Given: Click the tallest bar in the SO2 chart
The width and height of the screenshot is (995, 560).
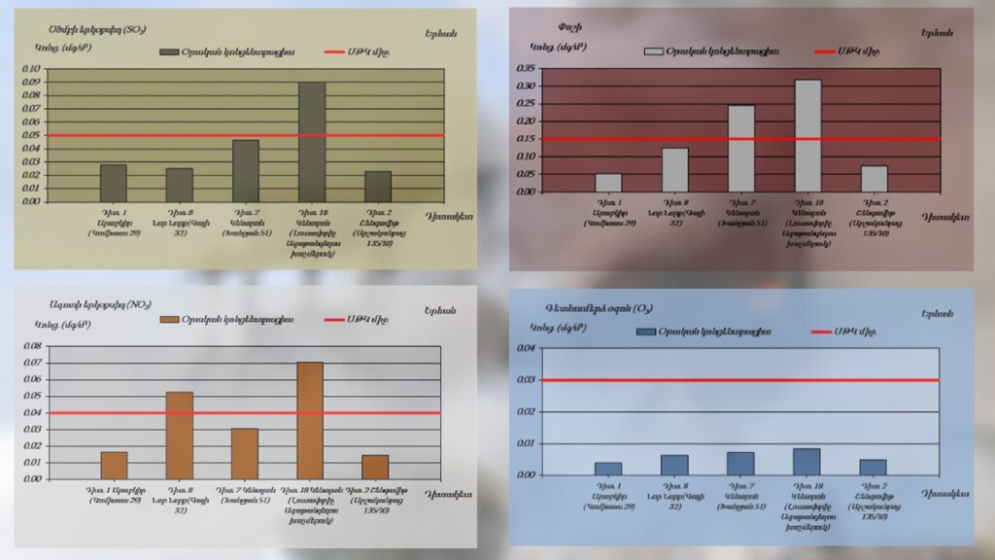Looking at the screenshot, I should tap(311, 142).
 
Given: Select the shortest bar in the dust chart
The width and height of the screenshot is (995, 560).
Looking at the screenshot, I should tap(608, 183).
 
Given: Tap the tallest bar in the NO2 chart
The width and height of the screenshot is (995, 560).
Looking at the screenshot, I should tap(310, 420).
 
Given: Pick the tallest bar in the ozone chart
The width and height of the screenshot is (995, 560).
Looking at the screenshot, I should tap(806, 461).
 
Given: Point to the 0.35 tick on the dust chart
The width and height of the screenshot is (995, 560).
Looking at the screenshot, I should tap(526, 68).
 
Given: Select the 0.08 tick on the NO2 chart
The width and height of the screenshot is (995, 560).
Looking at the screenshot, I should tap(31, 346).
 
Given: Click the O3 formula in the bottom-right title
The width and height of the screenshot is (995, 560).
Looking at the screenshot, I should tap(642, 309).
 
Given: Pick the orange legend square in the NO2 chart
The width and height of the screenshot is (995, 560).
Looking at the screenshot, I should tap(171, 319).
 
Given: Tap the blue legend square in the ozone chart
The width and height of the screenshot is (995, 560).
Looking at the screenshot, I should tap(645, 332).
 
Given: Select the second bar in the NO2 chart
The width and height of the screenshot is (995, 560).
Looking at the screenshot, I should tap(179, 436).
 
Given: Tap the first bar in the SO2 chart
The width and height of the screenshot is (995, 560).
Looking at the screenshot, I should tap(113, 183).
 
